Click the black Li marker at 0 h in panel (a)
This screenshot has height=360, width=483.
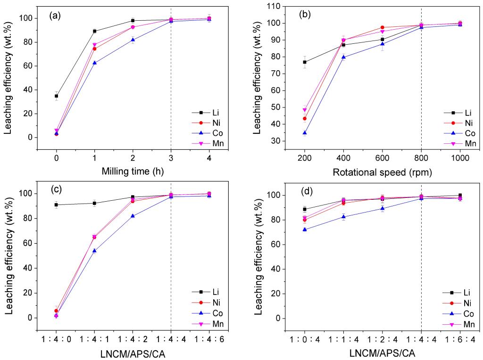click(57, 96)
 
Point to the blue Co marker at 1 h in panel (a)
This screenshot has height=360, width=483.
click(95, 63)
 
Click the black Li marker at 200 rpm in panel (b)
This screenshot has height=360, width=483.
click(305, 62)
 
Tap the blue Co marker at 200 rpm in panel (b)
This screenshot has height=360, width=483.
click(305, 133)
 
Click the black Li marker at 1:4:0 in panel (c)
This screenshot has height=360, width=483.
click(57, 205)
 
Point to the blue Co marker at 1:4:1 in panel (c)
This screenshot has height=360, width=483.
click(95, 251)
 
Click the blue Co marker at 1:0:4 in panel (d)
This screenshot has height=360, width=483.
click(305, 229)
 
